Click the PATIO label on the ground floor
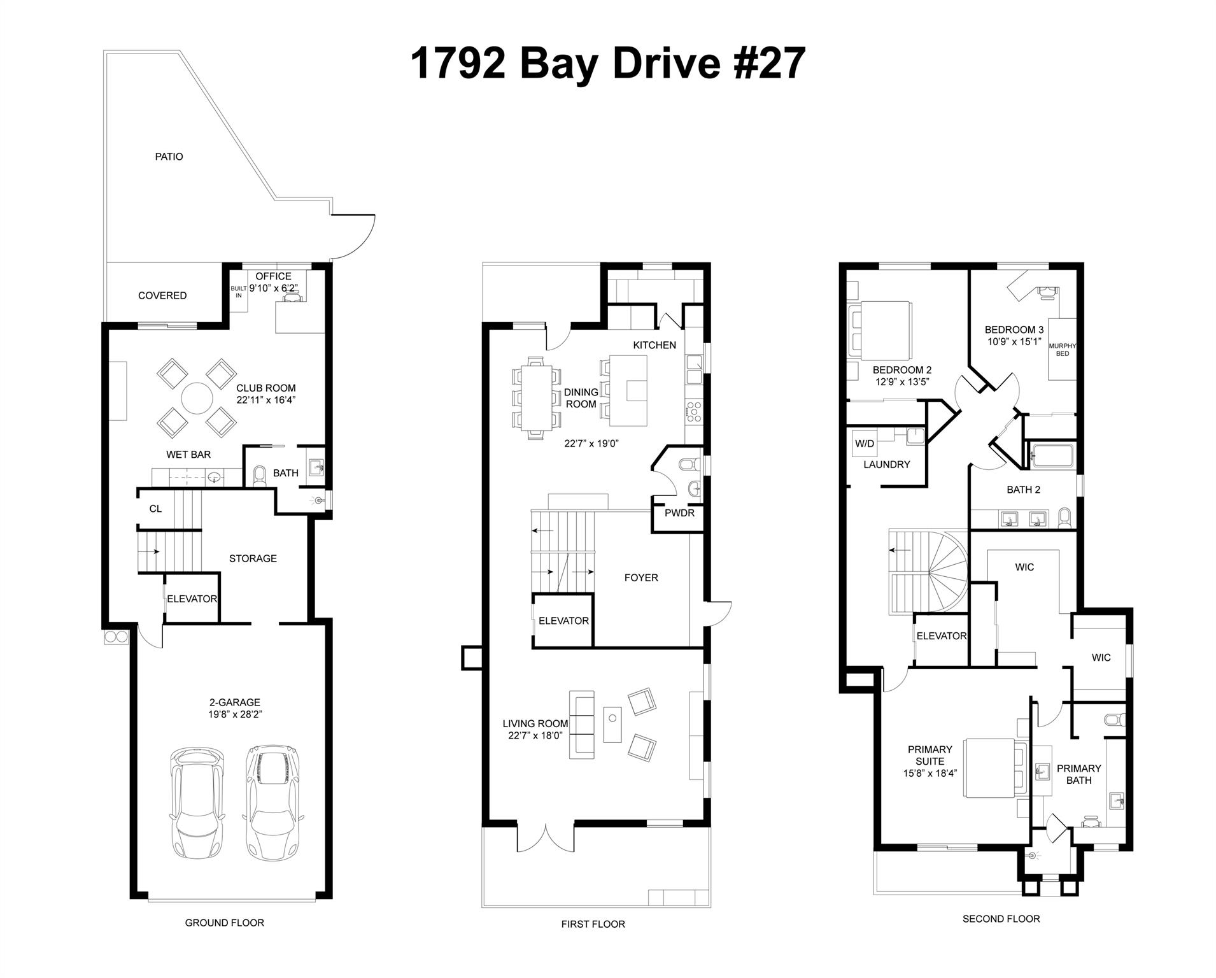169,157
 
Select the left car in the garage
198,804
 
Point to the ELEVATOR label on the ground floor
192,599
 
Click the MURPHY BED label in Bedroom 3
1062,350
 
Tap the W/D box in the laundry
865,444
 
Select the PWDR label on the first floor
679,513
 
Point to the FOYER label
641,578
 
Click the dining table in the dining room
536,399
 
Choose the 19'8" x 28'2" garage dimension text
235,714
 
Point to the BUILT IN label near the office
238,292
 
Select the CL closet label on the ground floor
155,508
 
